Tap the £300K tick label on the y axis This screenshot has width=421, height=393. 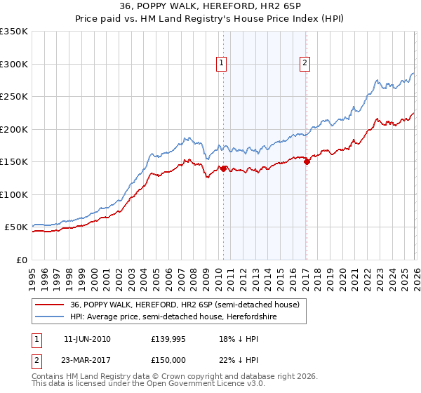point(14,64)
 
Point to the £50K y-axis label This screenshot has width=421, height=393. point(17,227)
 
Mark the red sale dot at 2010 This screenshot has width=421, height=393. point(223,168)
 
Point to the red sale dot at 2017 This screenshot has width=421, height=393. point(307,161)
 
